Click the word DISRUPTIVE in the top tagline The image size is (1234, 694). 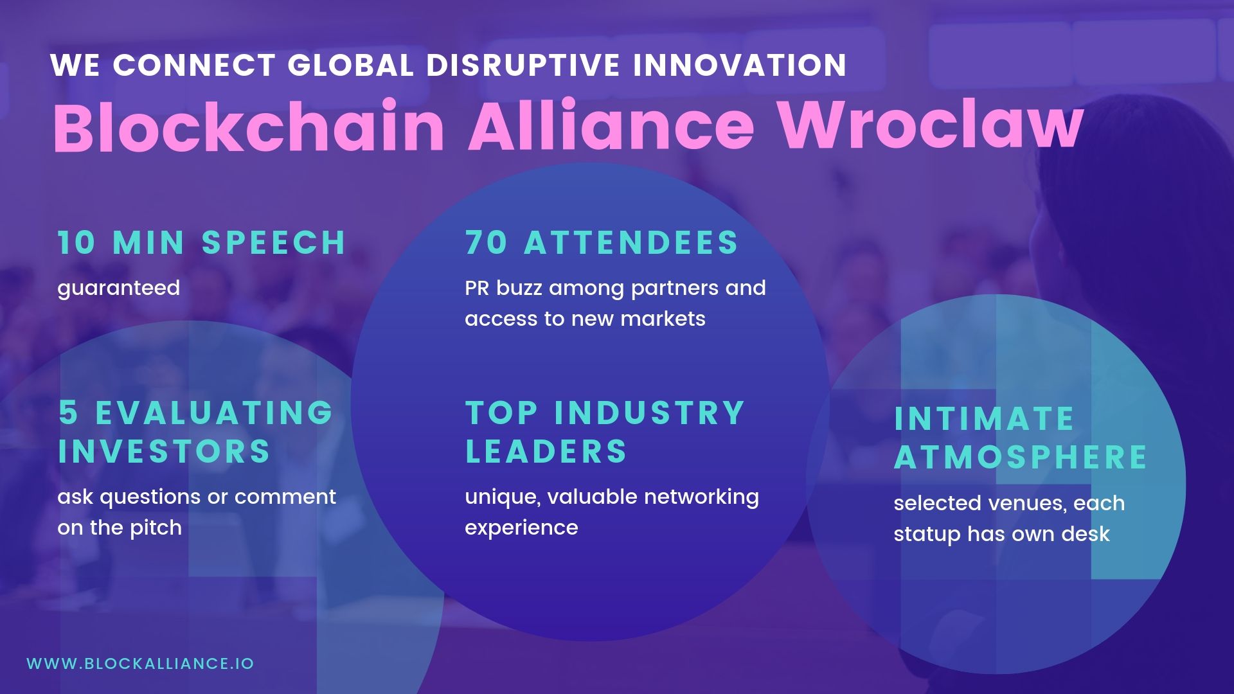[523, 65]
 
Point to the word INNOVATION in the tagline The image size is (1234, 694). [740, 65]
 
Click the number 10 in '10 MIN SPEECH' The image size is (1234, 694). [76, 243]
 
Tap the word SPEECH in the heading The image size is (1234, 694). [274, 243]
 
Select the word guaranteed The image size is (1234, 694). [119, 289]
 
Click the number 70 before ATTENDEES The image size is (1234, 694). [486, 243]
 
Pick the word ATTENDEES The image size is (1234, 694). [631, 243]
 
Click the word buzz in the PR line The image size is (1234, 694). [519, 288]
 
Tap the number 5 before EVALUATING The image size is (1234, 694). [67, 413]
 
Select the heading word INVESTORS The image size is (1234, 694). [165, 451]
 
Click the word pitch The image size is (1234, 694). [156, 528]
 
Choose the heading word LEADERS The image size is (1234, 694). [546, 451]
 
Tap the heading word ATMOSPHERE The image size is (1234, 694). [1021, 458]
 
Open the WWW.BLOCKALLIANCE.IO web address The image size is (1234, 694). [140, 664]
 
